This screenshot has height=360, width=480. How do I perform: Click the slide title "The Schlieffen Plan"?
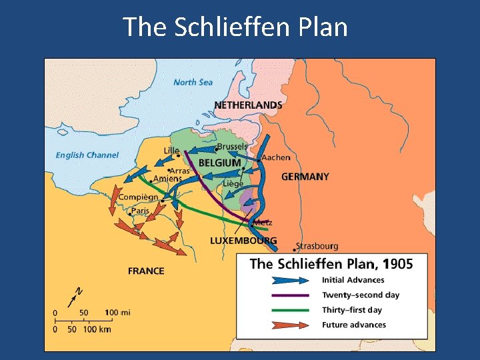click(235, 27)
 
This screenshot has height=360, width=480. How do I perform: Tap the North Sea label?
click(193, 82)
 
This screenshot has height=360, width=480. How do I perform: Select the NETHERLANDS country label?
click(247, 105)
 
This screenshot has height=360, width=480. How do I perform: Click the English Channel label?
click(87, 155)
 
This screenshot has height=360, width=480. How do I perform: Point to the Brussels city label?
click(232, 147)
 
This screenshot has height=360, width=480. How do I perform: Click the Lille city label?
click(171, 151)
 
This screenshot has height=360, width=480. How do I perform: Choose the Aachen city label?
click(275, 157)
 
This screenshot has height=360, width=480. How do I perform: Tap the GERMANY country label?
click(305, 177)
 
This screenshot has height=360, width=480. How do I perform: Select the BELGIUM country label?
click(219, 163)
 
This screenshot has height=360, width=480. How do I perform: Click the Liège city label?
click(233, 183)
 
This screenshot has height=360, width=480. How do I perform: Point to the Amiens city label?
click(167, 179)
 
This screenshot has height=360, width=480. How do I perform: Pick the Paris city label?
click(140, 211)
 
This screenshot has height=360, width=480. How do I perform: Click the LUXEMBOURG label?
click(243, 241)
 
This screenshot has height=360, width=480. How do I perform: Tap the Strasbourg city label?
click(317, 246)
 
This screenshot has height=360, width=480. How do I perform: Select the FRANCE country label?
click(146, 271)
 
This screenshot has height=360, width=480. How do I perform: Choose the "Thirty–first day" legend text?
click(351, 310)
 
